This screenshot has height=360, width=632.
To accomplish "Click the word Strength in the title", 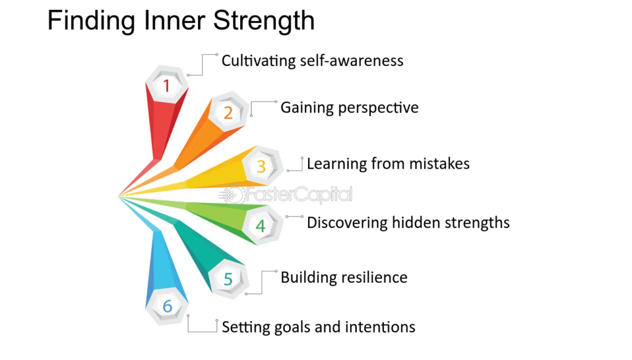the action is tap(264, 22).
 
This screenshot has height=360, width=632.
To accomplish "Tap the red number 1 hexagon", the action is tap(167, 85).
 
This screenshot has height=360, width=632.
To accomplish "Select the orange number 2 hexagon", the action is tap(228, 112).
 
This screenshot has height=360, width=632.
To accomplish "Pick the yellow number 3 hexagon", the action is tap(261, 165).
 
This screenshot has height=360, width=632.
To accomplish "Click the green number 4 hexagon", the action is tap(261, 225).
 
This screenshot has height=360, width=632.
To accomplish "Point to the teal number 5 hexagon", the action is tap(228, 278).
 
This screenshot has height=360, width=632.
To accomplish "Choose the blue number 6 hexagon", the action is tap(167, 306).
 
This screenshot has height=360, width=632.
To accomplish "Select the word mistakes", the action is tap(439, 164).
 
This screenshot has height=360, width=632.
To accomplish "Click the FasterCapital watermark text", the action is tap(299, 195).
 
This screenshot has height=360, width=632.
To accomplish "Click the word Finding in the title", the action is tap(91, 22).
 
